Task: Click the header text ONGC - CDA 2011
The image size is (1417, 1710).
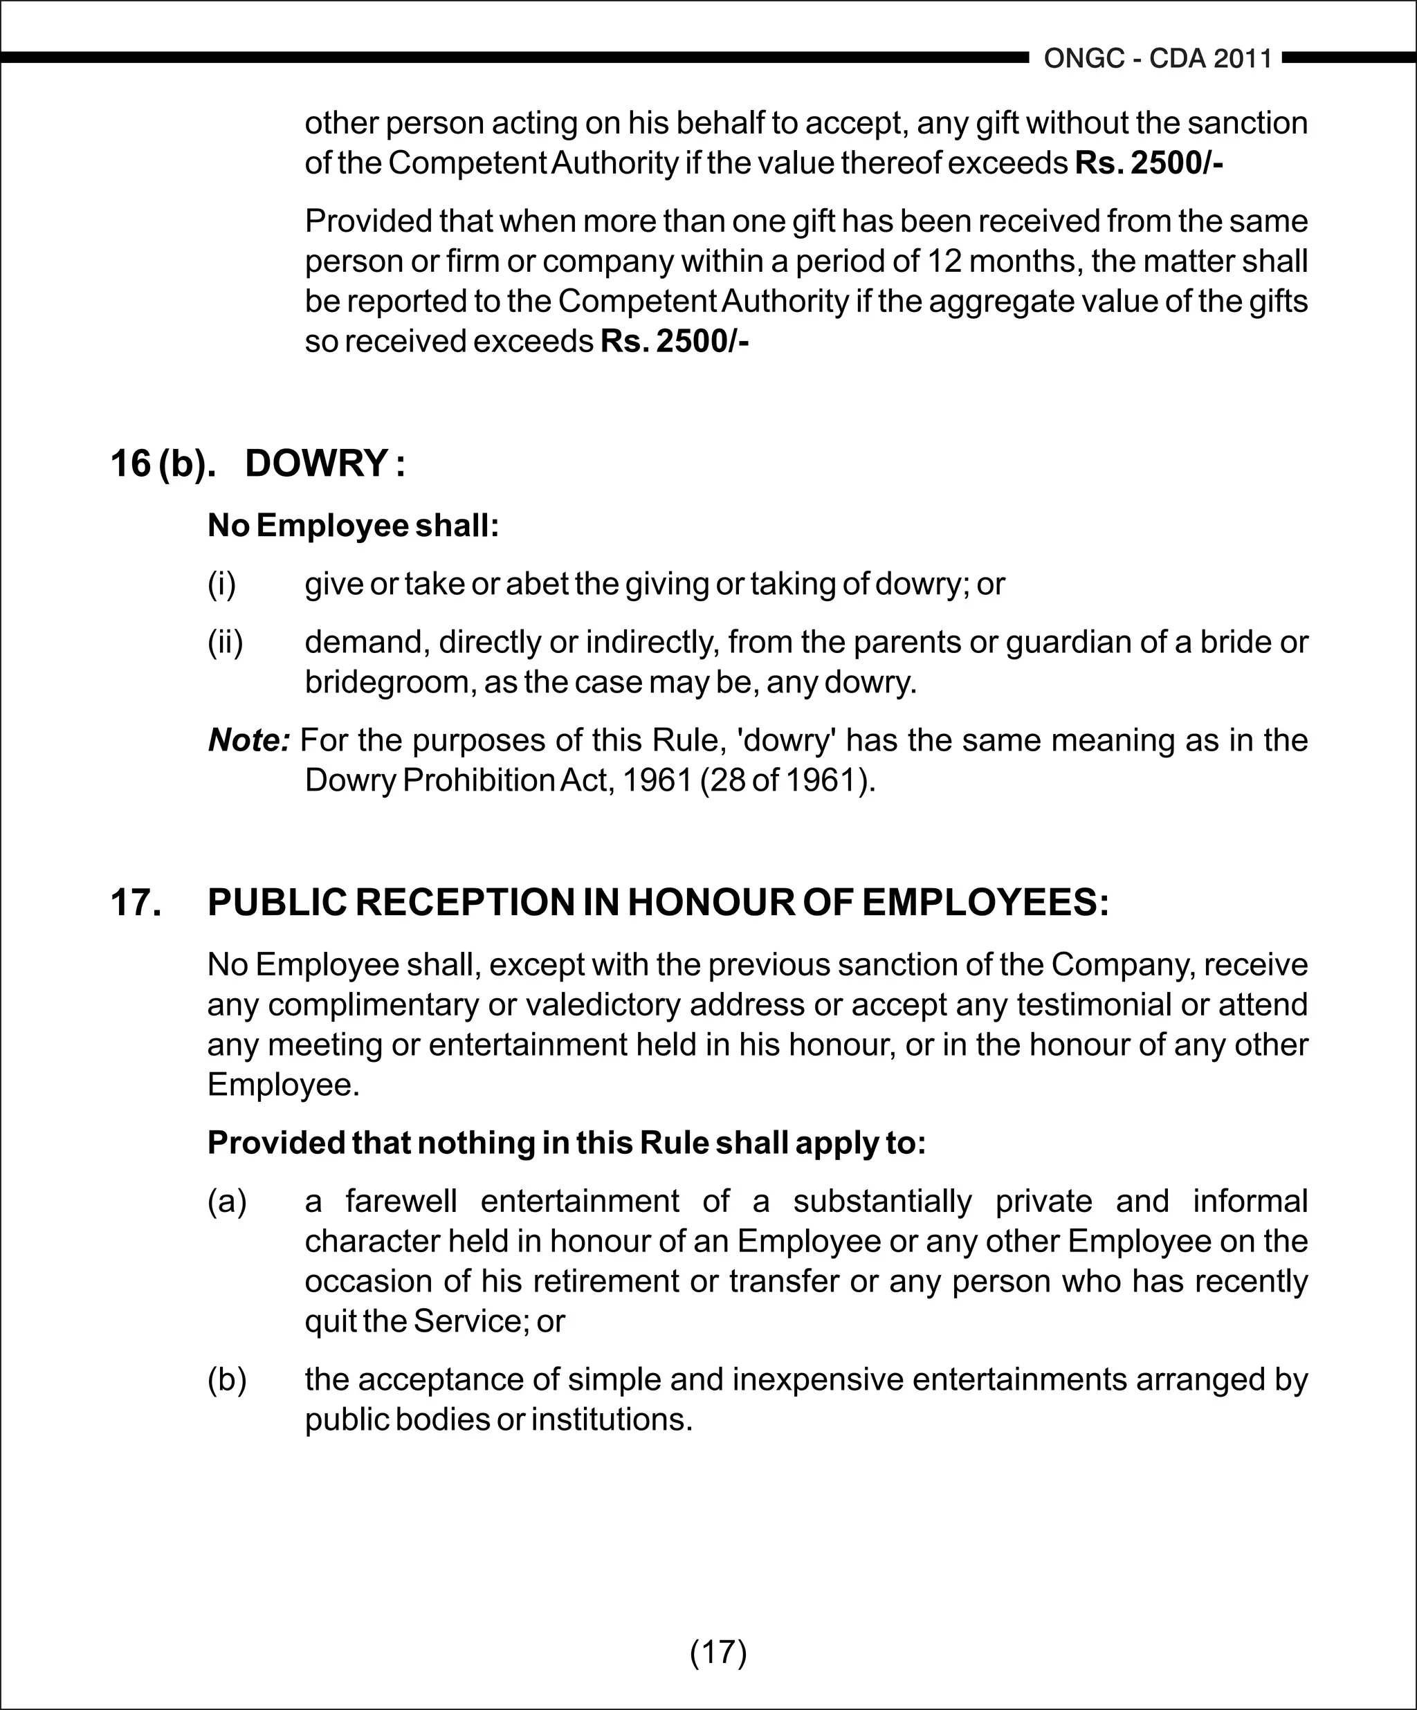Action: pos(1158,59)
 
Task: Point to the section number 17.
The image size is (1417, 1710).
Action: pos(135,902)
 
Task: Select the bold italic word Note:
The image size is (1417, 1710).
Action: pos(249,740)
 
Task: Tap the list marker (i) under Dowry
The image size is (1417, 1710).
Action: pos(221,584)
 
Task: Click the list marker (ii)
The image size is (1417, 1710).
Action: pos(226,643)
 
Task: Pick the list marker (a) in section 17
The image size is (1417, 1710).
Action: pos(227,1201)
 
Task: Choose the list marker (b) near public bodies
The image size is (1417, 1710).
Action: pos(227,1380)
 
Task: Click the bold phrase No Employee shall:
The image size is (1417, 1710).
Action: pos(353,525)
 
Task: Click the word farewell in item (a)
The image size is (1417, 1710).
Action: pos(401,1201)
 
